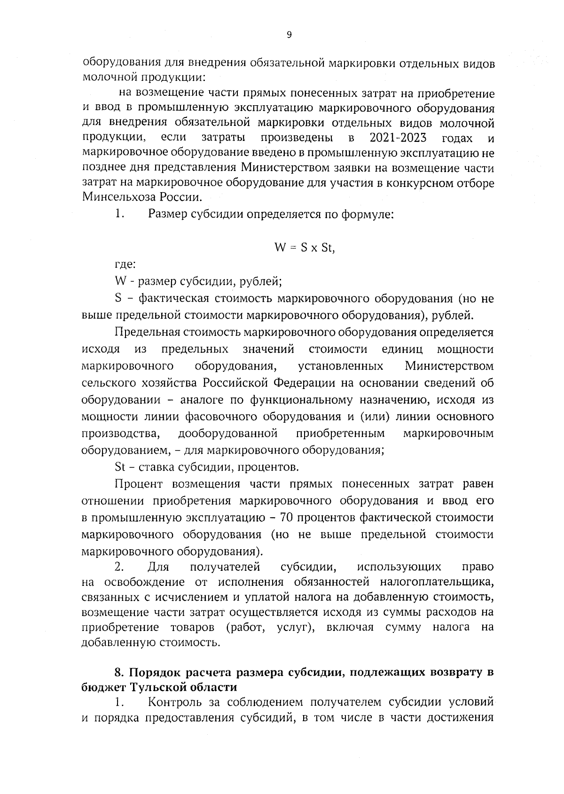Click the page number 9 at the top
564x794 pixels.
pyautogui.click(x=289, y=34)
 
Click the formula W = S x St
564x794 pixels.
pyautogui.click(x=304, y=248)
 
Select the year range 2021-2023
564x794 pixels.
pyautogui.click(x=398, y=138)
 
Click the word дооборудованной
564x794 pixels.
pyautogui.click(x=228, y=433)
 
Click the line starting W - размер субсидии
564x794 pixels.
pyautogui.click(x=198, y=282)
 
